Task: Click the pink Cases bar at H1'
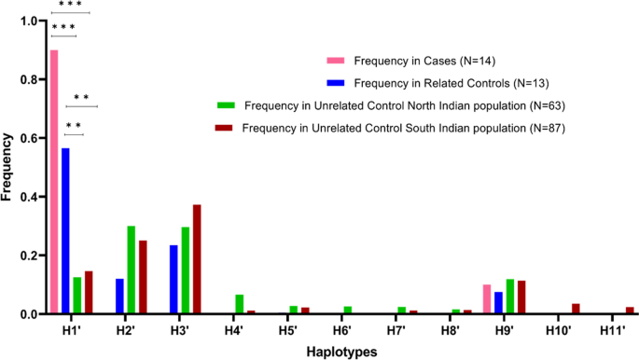(x=54, y=182)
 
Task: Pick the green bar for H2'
(x=132, y=270)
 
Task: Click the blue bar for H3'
(x=174, y=280)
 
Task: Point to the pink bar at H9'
(x=487, y=299)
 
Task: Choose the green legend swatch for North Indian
(x=224, y=104)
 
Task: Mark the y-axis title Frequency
(x=8, y=168)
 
